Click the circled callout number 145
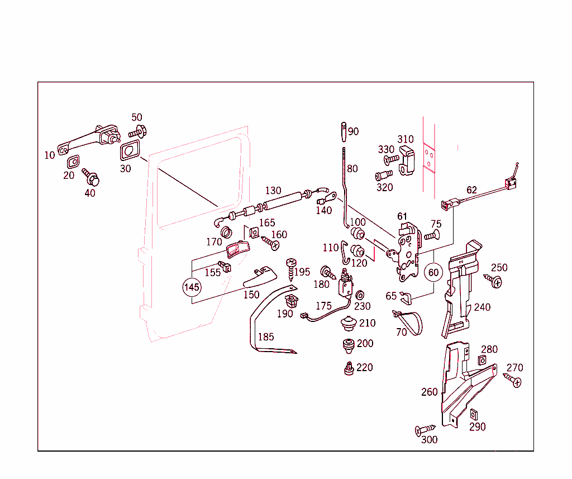pos(192,287)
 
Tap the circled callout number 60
pos(434,273)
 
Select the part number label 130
pos(273,191)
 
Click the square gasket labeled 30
pos(131,151)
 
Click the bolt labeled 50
pos(137,132)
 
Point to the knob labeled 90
pos(343,132)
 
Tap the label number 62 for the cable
pos(472,190)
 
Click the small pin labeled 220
pos(349,368)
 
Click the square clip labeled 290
pos(474,414)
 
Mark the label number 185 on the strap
pos(266,337)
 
